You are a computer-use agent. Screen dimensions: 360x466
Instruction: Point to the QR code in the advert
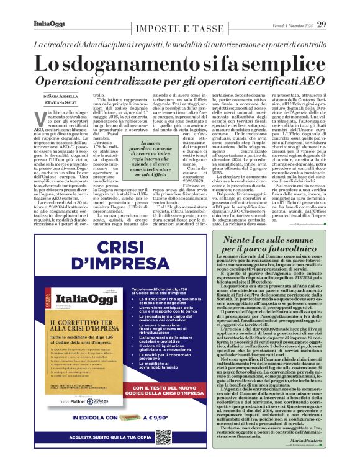[x=163, y=437]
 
